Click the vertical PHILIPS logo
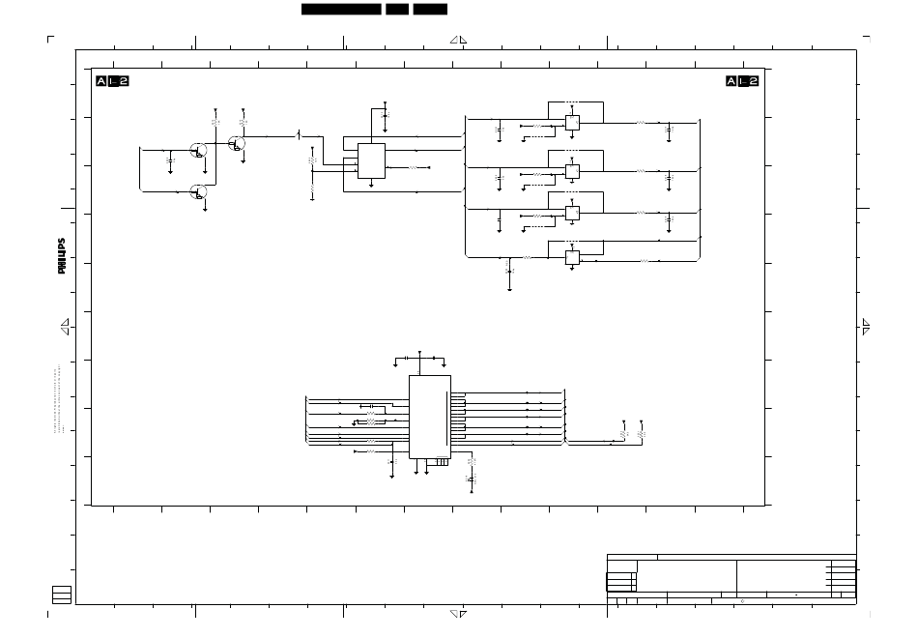pos(61,256)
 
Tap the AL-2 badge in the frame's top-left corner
pos(112,81)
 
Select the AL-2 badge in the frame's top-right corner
pos(742,81)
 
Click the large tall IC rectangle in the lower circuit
pos(429,417)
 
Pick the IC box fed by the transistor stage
pos(371,160)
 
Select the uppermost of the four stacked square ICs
pos(572,123)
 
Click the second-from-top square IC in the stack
pos(572,171)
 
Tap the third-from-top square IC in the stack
pos(572,213)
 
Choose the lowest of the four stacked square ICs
pos(572,257)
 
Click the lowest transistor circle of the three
pos(199,191)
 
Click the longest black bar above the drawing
pos(341,9)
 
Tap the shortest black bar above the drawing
pos(396,9)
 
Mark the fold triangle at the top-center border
pos(460,40)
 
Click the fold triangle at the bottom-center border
pos(459,613)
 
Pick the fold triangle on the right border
pos(866,327)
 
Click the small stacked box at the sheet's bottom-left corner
pos(62,594)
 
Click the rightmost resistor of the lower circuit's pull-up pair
pos(642,436)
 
